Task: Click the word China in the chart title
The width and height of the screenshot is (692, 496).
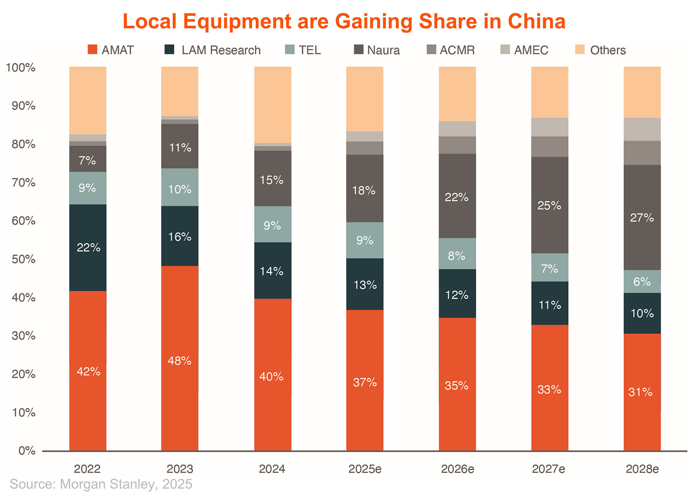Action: point(536,21)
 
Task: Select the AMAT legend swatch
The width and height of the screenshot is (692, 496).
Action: point(92,49)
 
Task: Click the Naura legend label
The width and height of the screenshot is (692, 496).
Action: point(383,50)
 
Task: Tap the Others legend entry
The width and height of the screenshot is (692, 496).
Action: point(608,50)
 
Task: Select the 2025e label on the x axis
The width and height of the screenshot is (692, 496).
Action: point(365,469)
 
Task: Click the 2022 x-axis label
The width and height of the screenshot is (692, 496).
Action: point(87,469)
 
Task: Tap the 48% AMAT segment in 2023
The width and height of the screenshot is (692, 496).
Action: point(180,358)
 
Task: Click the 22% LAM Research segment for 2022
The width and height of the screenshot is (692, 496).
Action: point(88,248)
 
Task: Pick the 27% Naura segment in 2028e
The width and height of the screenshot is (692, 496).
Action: point(642,218)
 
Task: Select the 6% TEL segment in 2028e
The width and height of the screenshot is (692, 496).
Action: point(642,282)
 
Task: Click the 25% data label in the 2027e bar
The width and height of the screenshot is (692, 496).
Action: point(549,206)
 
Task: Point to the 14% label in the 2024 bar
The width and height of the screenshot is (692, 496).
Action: point(272,271)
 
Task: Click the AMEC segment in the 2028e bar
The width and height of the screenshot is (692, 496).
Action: point(642,129)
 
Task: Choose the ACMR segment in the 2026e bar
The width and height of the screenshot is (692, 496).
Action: point(457,145)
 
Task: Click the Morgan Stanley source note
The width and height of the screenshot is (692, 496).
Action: point(101,484)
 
